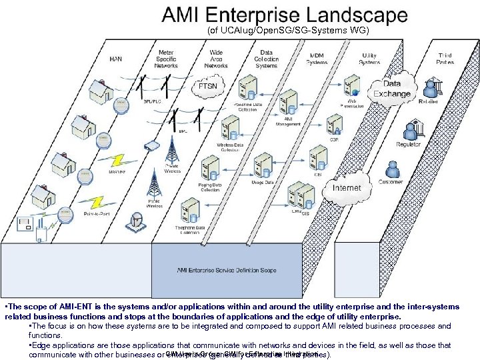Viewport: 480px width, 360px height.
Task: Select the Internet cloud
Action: (347, 188)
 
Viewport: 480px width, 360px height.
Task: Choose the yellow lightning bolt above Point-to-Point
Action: (99, 200)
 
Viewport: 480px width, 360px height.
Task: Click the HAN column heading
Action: (115, 59)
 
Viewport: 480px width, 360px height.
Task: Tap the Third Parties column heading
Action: (445, 59)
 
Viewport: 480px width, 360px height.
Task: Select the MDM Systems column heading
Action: (317, 59)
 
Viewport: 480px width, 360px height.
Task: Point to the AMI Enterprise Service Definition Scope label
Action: (227, 271)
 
